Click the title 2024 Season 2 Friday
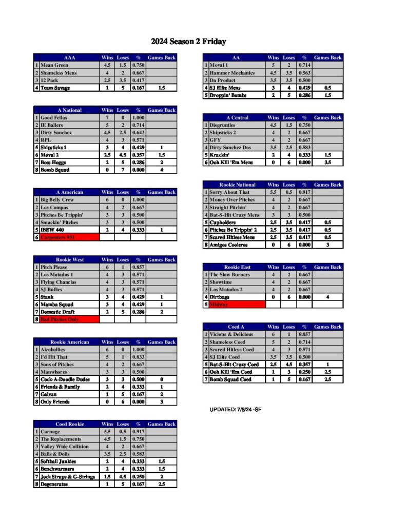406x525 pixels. pos(188,42)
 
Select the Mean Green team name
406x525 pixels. pos(53,66)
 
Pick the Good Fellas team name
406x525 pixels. pos(54,118)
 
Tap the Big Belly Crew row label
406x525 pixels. pos(57,200)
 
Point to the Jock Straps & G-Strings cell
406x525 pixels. pos(68,477)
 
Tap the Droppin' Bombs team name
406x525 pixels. pos(228,95)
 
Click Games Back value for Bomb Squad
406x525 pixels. pos(162,170)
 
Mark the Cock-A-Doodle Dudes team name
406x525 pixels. pos(64,379)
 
